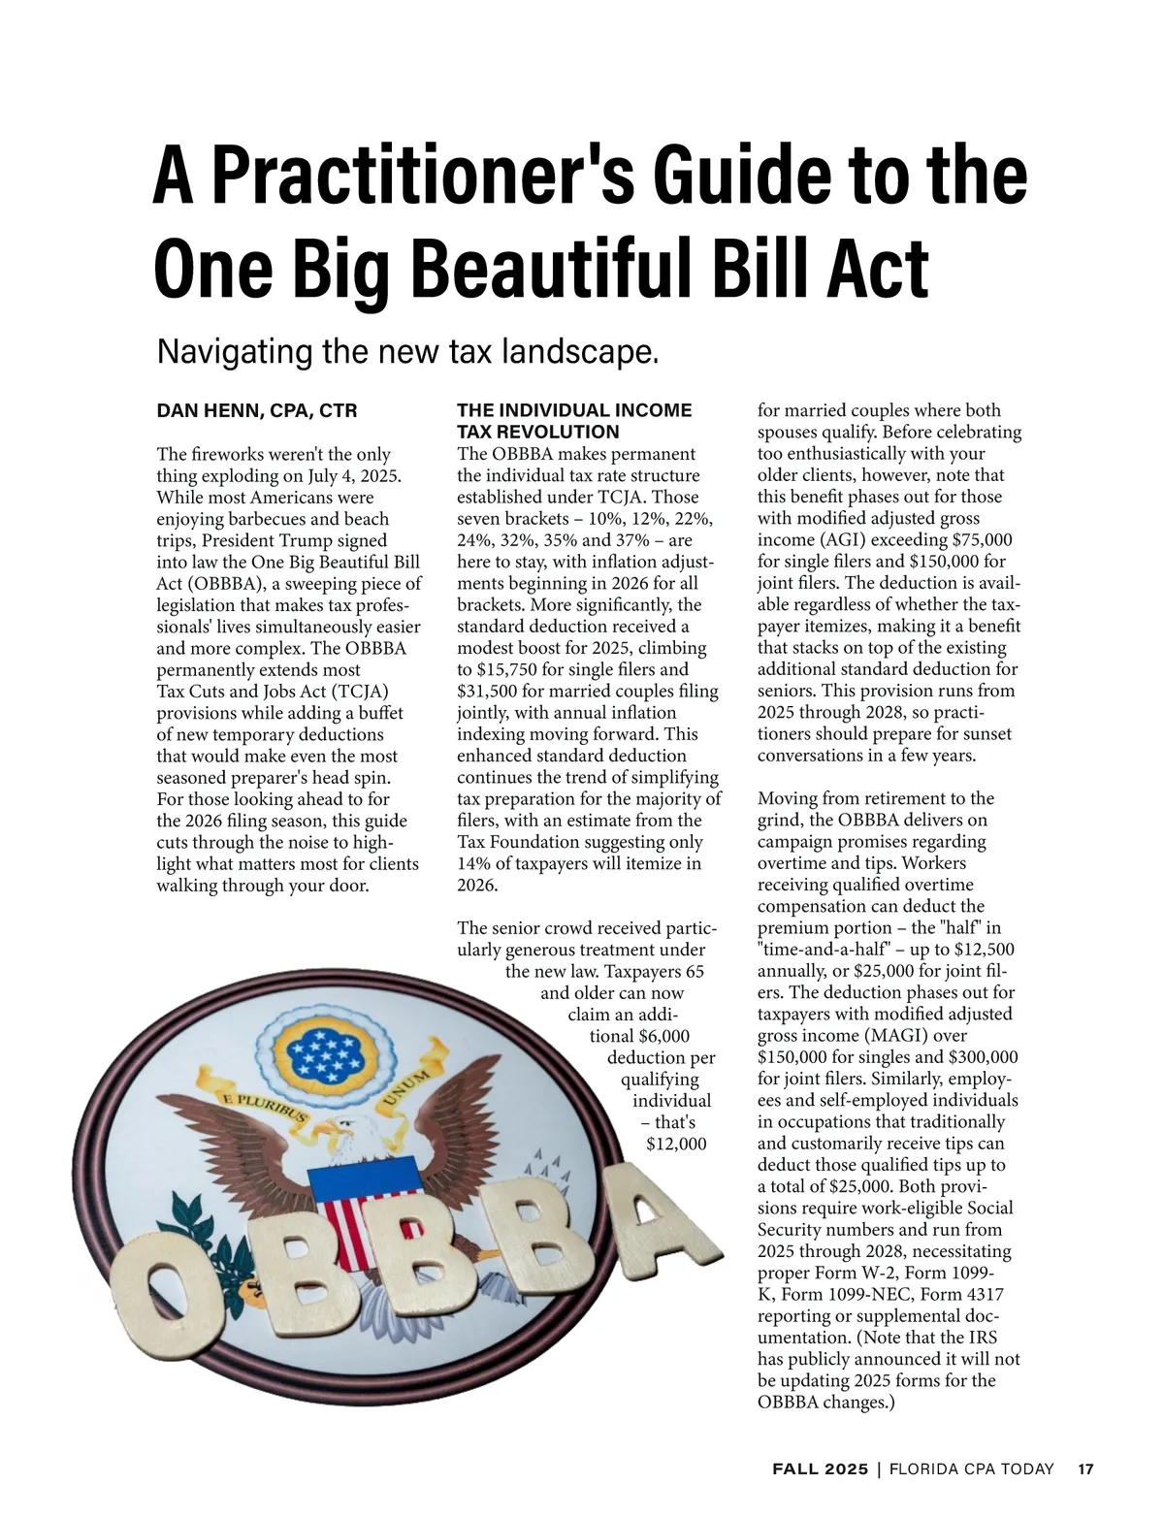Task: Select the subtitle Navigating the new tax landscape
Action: [x=407, y=351]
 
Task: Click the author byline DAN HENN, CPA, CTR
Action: [x=257, y=411]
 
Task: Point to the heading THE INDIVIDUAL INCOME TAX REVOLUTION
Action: [x=574, y=421]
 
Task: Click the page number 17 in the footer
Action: [x=1085, y=1469]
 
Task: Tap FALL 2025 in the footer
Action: [x=821, y=1469]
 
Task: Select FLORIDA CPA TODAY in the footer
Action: [x=972, y=1469]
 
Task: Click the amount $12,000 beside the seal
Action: [x=676, y=1144]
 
